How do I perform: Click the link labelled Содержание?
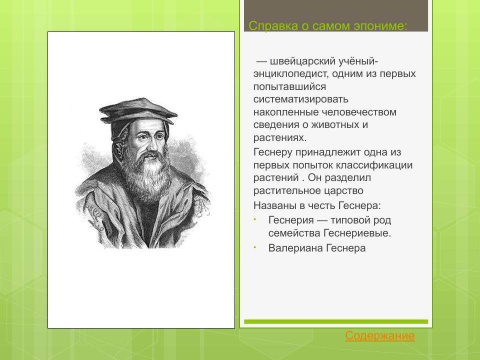coord(379,336)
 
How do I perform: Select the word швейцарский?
coord(303,61)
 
